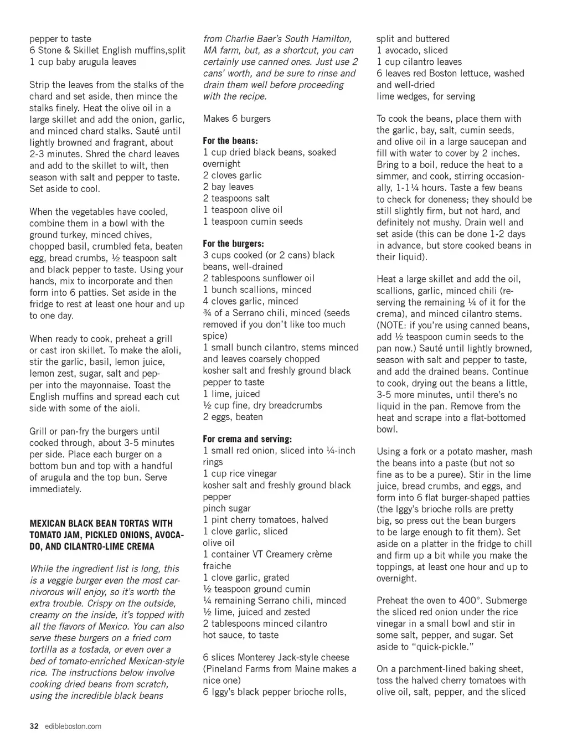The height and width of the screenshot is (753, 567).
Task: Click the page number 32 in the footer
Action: point(34,726)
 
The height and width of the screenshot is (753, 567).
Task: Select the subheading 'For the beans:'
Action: point(230,141)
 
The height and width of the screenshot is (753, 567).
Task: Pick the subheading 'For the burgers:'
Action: point(233,244)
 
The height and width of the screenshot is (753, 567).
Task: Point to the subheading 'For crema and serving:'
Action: point(247,439)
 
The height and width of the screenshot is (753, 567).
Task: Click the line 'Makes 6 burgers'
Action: point(236,118)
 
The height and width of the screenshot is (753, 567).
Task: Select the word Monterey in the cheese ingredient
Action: point(259,657)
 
